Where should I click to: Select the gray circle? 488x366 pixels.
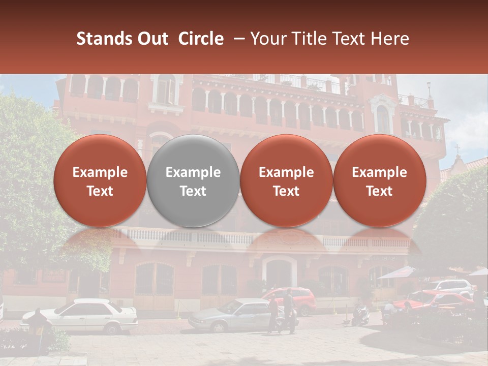(x=193, y=181)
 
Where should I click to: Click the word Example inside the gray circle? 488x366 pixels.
(x=193, y=172)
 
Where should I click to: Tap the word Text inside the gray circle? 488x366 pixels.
(x=193, y=191)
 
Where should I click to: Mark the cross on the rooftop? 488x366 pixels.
(x=457, y=149)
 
